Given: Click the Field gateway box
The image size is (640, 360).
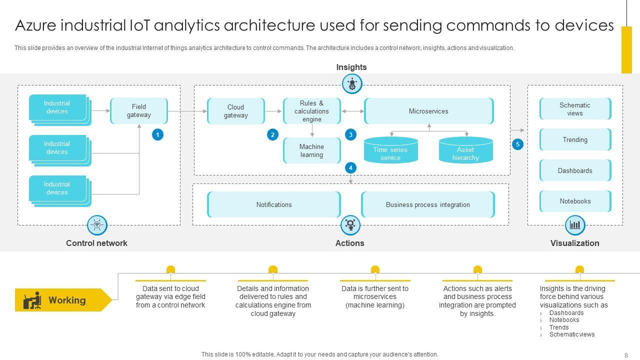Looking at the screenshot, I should [x=139, y=111].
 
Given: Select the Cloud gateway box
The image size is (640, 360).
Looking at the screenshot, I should [x=236, y=111].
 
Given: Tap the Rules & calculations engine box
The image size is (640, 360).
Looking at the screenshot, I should [x=312, y=111].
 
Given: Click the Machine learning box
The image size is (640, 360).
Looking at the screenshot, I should [x=312, y=150].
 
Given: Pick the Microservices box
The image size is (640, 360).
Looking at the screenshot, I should [x=429, y=111].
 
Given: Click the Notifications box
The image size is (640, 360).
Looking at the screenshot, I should [x=274, y=204].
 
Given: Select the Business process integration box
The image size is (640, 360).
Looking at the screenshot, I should [x=428, y=204].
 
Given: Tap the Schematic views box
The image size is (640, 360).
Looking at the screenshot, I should [x=575, y=109].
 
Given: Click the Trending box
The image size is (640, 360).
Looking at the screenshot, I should [x=575, y=140].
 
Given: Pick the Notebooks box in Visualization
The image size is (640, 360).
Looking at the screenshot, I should [x=575, y=201].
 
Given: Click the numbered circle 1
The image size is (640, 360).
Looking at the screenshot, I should [x=158, y=134].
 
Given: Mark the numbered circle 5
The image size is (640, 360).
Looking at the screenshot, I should [x=517, y=144].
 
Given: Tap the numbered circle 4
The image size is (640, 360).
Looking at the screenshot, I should [x=350, y=168].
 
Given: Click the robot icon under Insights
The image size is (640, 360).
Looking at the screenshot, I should [x=352, y=83].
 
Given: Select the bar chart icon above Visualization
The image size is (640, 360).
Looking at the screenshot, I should [x=575, y=225].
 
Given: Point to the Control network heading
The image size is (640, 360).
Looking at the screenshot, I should [x=96, y=243].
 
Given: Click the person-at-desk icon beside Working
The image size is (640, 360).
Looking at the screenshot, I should [x=32, y=300].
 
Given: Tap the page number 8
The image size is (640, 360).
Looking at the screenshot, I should [x=626, y=354].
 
